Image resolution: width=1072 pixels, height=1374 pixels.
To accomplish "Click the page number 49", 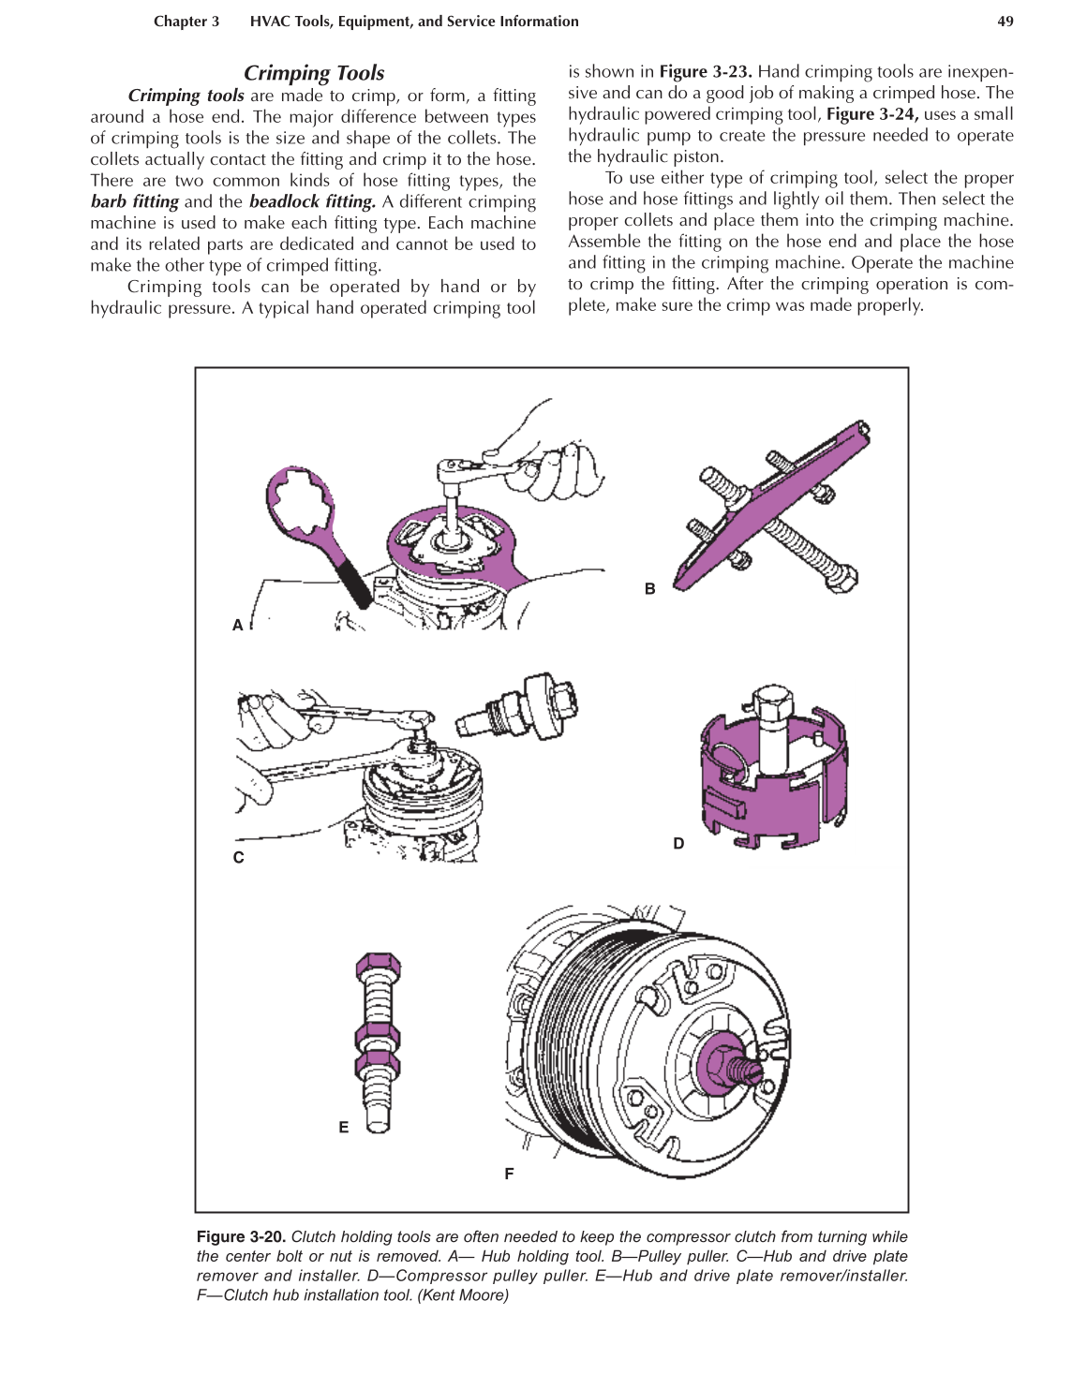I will (x=1005, y=22).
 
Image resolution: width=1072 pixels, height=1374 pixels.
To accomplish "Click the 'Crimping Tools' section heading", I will (x=314, y=73).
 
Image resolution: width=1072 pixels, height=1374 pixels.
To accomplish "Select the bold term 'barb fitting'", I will (x=134, y=201).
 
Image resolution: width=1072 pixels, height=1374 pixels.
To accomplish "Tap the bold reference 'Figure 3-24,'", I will (x=871, y=114).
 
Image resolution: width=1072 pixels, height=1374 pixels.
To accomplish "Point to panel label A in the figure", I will (x=238, y=625).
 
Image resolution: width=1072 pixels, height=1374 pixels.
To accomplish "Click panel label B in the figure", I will (x=649, y=588).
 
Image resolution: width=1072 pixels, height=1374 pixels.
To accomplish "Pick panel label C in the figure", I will (x=239, y=857).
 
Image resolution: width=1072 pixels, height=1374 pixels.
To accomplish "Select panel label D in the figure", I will (x=678, y=843).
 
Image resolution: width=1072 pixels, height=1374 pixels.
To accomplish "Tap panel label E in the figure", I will (x=344, y=1127).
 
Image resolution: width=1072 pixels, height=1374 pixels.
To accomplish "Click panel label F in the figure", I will (x=509, y=1173).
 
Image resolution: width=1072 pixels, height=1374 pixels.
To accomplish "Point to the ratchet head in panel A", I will (x=456, y=468).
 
